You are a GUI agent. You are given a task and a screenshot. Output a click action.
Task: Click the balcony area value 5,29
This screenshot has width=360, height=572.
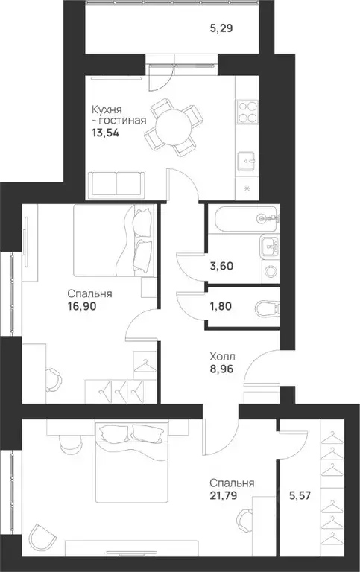point(220,31)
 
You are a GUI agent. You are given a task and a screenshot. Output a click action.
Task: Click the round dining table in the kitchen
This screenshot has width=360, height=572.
point(173,126)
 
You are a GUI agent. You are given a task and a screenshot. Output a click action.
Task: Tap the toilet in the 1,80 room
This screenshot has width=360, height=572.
point(265,307)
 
